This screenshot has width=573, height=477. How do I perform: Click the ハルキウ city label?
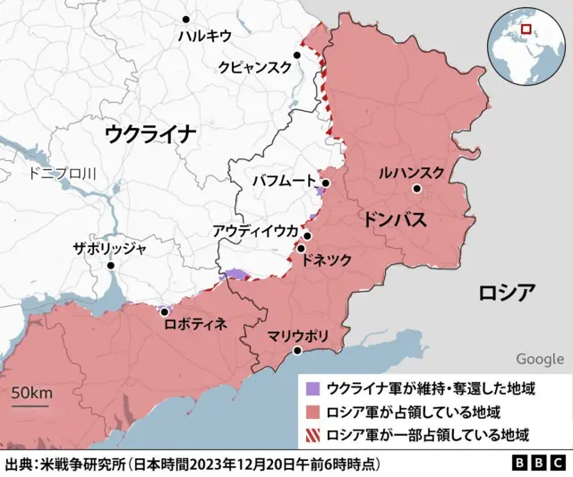[203, 36]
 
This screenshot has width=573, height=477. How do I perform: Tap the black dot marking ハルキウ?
[186, 18]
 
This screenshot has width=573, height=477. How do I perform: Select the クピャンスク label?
[255, 67]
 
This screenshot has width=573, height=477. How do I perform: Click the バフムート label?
[284, 182]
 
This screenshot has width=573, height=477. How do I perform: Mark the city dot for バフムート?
[327, 183]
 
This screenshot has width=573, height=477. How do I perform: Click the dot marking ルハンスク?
[417, 189]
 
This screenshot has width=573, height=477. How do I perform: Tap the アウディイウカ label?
[255, 231]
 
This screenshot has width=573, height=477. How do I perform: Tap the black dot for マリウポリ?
[297, 351]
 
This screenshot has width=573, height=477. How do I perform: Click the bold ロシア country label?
[507, 292]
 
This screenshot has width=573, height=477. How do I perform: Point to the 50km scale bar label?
[31, 394]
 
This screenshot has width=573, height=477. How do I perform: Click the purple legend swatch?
[312, 389]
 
